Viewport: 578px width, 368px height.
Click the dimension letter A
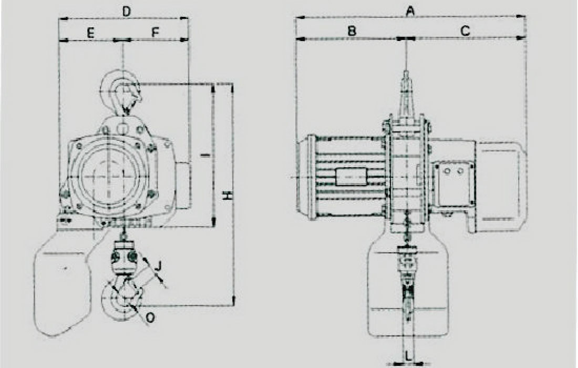pyautogui.click(x=410, y=11)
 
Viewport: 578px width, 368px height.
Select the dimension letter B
pyautogui.click(x=352, y=30)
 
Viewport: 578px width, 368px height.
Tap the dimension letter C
pyautogui.click(x=465, y=30)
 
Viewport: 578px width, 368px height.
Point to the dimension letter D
pyautogui.click(x=127, y=12)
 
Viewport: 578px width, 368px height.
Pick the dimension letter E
pyautogui.click(x=91, y=33)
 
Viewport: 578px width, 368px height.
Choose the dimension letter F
pyautogui.click(x=155, y=33)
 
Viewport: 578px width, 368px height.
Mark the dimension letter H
pyautogui.click(x=228, y=196)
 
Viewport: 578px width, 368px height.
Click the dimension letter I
pyautogui.click(x=207, y=155)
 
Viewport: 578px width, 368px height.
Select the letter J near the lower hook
pyautogui.click(x=158, y=265)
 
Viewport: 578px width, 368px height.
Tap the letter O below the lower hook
pyautogui.click(x=150, y=318)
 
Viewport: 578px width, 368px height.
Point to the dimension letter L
pyautogui.click(x=408, y=356)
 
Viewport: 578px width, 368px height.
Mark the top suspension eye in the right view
pyautogui.click(x=406, y=92)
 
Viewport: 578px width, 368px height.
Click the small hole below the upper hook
pyautogui.click(x=122, y=128)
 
